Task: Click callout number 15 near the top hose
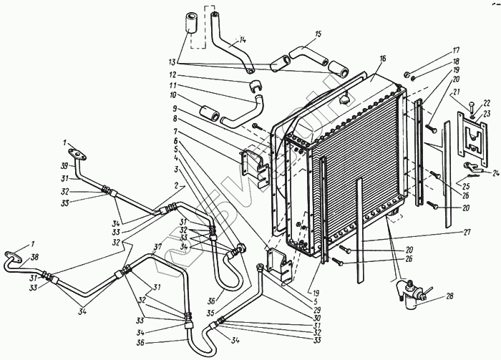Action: pyautogui.click(x=318, y=34)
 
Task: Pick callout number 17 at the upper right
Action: pyautogui.click(x=455, y=52)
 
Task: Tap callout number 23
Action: pyautogui.click(x=486, y=113)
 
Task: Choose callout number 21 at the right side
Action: pyautogui.click(x=455, y=92)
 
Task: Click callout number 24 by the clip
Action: pyautogui.click(x=495, y=172)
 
